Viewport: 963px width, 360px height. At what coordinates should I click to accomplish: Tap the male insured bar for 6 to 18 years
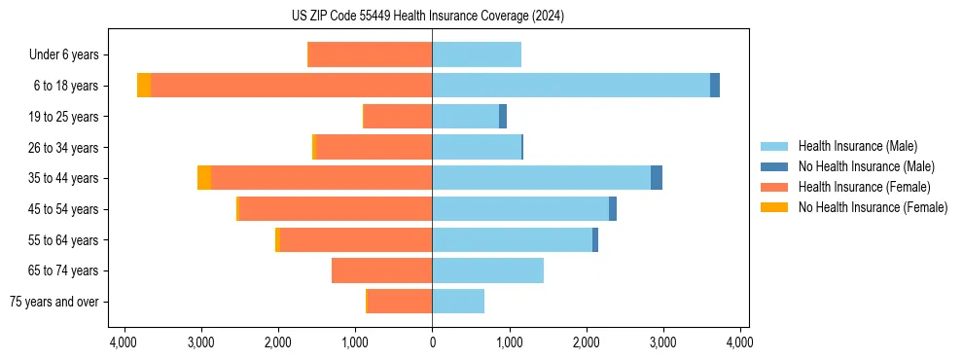[571, 86]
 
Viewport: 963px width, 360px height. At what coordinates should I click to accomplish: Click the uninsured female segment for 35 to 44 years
[204, 178]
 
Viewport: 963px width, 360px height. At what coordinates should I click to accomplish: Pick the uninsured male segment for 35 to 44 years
[657, 178]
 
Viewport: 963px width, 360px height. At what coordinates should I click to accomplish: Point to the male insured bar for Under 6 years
[477, 54]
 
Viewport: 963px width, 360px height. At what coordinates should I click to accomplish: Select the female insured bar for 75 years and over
[400, 302]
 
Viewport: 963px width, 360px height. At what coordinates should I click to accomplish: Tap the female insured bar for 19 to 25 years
[398, 117]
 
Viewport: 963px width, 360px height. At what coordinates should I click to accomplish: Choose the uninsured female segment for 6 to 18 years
[144, 86]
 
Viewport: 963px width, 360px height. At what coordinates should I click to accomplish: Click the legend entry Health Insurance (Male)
[857, 146]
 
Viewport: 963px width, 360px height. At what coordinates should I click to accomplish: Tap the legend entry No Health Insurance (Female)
[873, 207]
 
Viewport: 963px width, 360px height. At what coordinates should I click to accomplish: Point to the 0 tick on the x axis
[432, 342]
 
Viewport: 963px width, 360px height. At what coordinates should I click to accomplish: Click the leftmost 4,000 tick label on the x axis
[124, 342]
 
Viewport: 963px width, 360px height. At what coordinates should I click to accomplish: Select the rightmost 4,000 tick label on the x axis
[740, 342]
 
